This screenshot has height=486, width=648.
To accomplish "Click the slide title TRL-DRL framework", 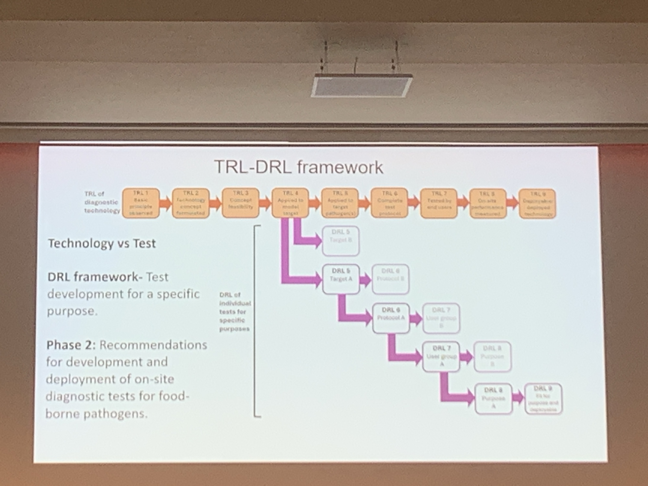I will click(298, 167).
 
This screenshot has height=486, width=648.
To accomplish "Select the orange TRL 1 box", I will click(141, 203).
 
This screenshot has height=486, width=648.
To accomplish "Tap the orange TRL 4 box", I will click(290, 203).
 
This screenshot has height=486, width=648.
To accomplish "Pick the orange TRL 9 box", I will click(537, 204).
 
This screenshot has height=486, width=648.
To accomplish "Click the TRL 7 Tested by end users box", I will click(438, 203).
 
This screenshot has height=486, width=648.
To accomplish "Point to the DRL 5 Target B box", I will click(341, 241).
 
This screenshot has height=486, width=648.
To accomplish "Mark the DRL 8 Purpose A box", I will click(493, 399).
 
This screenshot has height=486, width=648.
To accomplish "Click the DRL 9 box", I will click(543, 399).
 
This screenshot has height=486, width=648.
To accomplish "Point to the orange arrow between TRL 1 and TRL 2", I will click(166, 203).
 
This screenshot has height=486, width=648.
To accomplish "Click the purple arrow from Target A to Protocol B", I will click(365, 280).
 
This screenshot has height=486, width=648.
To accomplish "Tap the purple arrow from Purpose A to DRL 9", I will click(518, 398).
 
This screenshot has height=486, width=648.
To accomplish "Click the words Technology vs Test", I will click(102, 244).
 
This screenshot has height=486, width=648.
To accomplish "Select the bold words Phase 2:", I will click(71, 345).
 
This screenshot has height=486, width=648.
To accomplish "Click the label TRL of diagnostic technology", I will click(101, 202).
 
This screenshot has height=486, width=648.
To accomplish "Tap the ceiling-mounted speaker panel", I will click(361, 85).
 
